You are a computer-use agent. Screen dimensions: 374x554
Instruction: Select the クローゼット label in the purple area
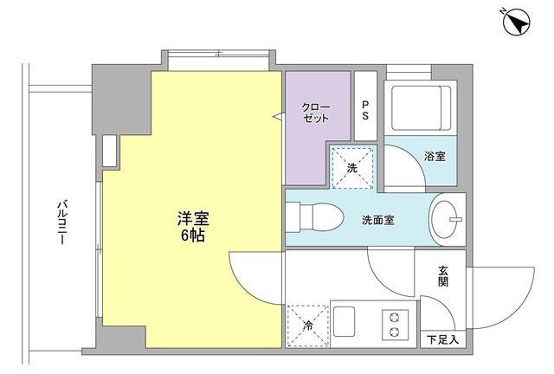(x=314, y=112)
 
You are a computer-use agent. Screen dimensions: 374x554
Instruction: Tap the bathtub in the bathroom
(x=419, y=107)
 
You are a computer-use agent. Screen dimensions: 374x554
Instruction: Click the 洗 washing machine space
(x=352, y=167)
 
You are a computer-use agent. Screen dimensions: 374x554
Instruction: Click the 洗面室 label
(x=377, y=220)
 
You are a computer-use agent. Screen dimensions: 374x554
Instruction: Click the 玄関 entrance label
(x=443, y=276)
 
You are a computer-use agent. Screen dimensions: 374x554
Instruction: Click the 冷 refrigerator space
(x=307, y=326)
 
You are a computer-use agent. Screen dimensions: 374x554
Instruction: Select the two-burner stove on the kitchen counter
(x=394, y=323)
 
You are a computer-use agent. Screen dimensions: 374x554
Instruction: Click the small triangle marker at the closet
(x=279, y=116)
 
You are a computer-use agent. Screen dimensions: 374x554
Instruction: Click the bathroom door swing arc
(x=403, y=165)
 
